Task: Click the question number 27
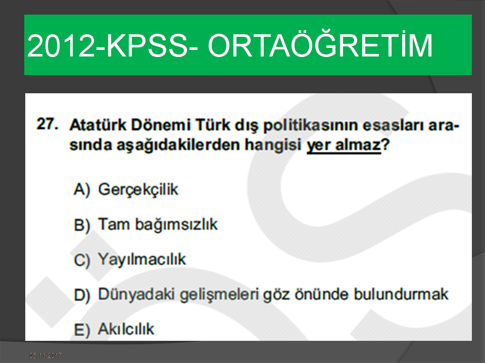coord(47,124)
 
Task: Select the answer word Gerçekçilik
coord(138,190)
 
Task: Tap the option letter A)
coord(82,190)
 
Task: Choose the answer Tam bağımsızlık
coord(158,225)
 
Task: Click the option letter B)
coord(82,225)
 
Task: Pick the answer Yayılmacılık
coord(142,260)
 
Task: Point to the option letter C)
coord(82,260)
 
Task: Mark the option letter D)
coord(82,295)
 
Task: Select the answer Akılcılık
coord(126,329)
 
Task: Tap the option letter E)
coord(82,330)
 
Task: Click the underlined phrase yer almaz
coord(344,145)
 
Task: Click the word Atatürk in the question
coord(98,125)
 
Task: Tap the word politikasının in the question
coord(310,126)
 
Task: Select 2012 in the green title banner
coord(61,45)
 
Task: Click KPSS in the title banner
coord(147,45)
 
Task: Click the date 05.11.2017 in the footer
coord(45,355)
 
